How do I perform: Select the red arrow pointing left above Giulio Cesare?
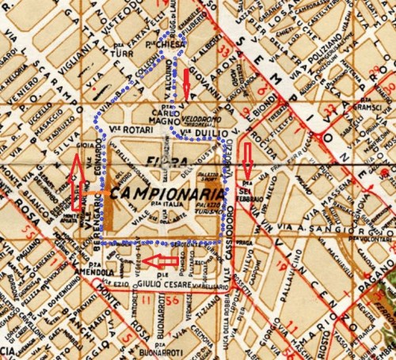tap(165, 260)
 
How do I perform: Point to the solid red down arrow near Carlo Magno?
tap(186, 82)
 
